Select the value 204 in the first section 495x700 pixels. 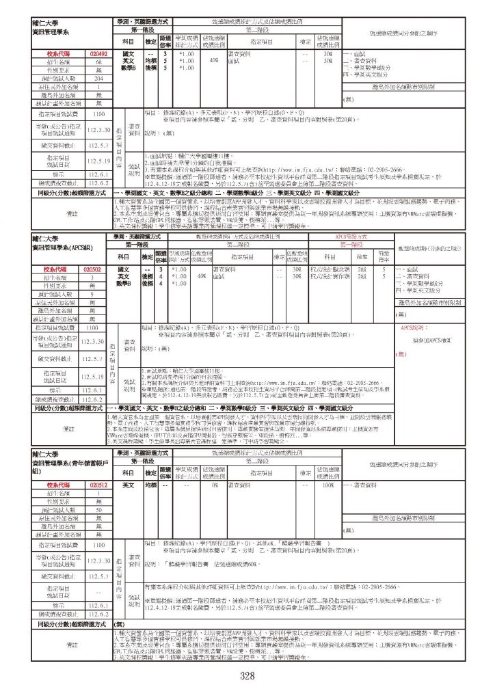click(99, 79)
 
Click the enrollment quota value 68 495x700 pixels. click(99, 62)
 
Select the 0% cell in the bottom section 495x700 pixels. click(214, 466)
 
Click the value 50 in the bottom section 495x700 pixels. click(99, 492)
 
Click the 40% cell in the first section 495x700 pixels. click(214, 60)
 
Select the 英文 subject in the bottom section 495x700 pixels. click(128, 466)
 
